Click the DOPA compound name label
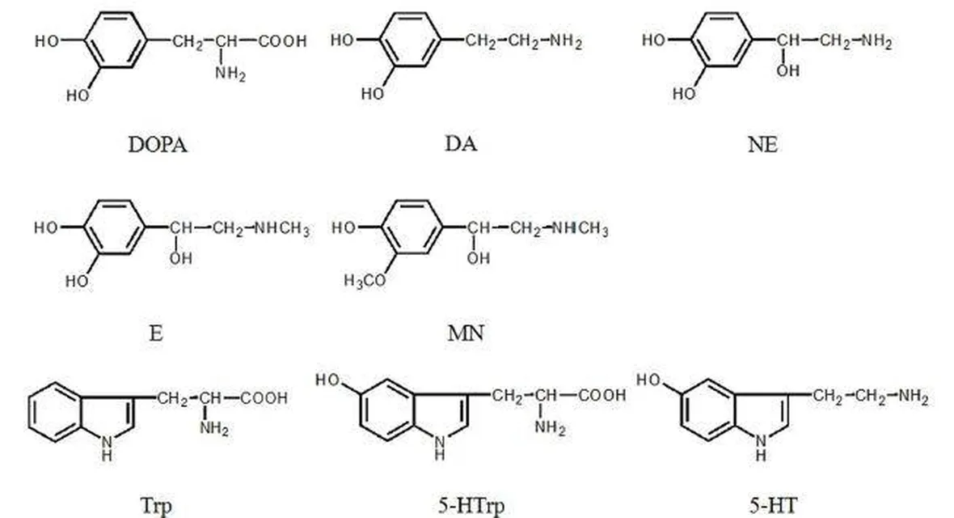157,145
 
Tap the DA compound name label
461,144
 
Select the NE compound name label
762,145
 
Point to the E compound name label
156,333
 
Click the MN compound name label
466,333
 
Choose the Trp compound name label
156,506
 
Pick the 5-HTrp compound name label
471,506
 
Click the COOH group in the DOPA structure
282,41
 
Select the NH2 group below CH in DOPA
230,74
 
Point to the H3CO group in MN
365,281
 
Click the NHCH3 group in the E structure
281,228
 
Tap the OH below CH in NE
787,71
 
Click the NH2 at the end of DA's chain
566,41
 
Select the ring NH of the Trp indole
107,448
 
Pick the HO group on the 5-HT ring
648,380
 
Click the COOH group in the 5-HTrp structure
602,395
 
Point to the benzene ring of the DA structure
410,40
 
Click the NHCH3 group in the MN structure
580,228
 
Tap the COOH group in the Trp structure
264,398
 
